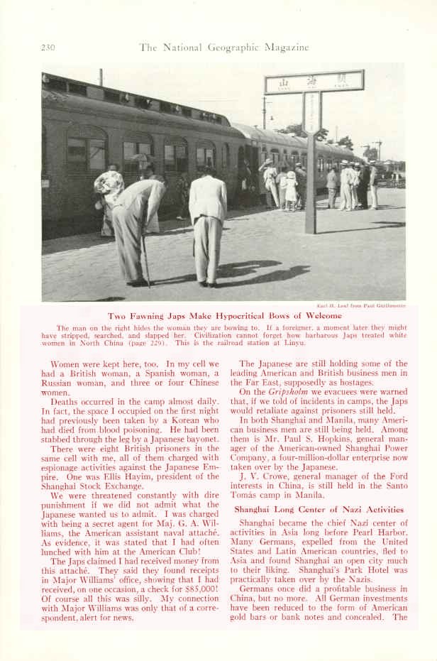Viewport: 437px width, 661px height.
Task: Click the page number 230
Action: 48,48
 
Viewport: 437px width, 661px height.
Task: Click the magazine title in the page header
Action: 224,48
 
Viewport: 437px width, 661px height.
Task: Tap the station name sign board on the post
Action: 314,82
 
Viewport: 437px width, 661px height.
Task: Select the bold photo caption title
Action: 224,316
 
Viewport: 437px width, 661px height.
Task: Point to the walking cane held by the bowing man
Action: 146,259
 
